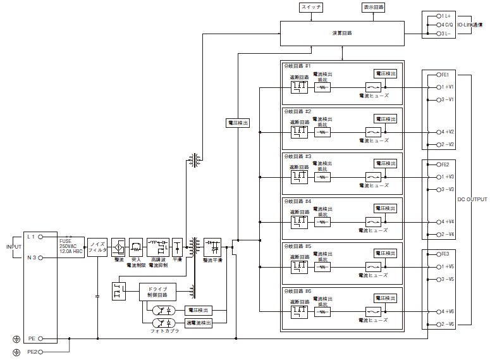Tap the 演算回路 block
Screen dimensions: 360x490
tap(342, 32)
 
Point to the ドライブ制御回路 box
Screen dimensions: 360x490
tap(157, 292)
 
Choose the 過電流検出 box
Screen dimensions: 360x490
tap(198, 323)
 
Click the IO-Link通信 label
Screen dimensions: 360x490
tap(469, 25)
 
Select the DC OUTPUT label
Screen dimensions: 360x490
tap(472, 200)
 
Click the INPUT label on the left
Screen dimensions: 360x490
tap(13, 246)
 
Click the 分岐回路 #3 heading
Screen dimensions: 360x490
tap(298, 156)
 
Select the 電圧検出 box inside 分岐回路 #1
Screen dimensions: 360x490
tap(386, 73)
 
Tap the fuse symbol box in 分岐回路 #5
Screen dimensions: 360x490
tap(373, 266)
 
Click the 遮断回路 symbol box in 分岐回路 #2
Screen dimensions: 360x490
tap(299, 132)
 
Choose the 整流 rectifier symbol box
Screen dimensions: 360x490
tap(118, 245)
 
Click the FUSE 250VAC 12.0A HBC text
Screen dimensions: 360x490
tap(71, 246)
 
